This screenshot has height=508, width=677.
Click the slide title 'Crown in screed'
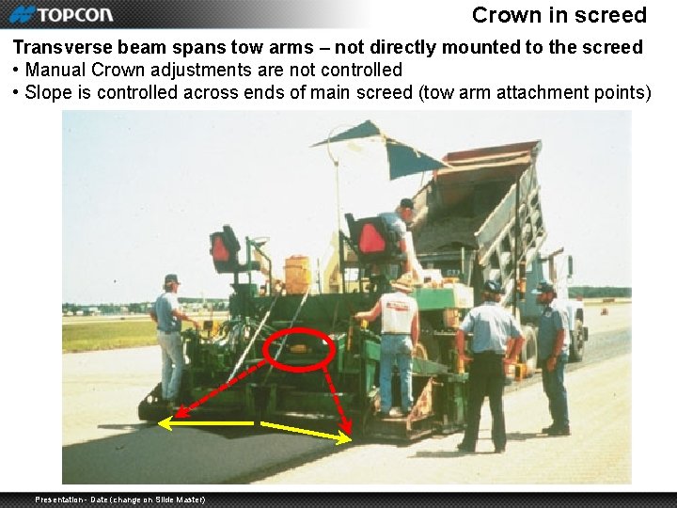(559, 15)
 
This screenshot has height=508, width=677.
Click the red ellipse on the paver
(299, 348)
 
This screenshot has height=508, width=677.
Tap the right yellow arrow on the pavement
(307, 432)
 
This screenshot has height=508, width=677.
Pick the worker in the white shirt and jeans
(396, 343)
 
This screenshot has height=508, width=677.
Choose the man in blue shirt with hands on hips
(488, 362)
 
